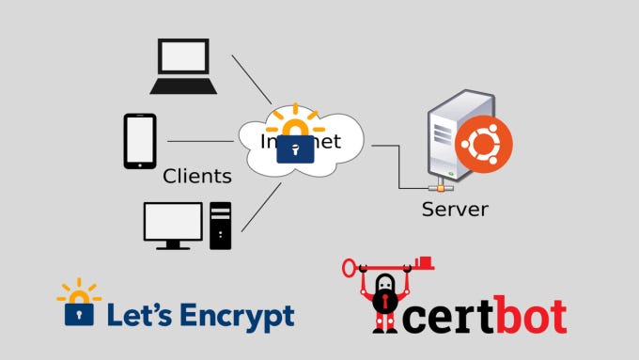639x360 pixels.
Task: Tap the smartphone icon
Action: (140, 141)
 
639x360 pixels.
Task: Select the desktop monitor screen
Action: (173, 222)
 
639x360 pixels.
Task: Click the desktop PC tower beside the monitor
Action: (220, 226)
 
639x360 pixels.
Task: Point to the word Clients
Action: (197, 176)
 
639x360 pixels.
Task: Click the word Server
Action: (455, 209)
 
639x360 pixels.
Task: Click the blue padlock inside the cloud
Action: (295, 149)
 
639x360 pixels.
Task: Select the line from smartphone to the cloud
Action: (200, 142)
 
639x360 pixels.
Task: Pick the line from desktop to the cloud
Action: (262, 207)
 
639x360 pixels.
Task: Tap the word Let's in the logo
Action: (137, 316)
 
